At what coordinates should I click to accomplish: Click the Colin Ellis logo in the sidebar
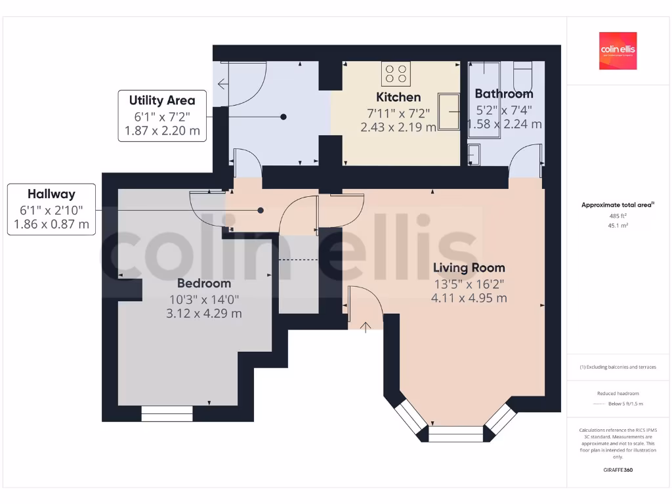[618, 51]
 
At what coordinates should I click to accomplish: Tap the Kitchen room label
[398, 97]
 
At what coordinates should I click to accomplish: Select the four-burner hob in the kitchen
[396, 73]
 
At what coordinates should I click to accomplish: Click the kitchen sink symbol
[450, 112]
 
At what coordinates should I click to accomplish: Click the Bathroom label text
[504, 94]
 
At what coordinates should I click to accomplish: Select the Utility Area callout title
[162, 100]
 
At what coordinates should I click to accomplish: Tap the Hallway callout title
[51, 194]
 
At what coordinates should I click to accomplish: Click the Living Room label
[469, 268]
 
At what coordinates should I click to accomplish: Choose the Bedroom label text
[204, 283]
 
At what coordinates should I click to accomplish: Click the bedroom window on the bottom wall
[167, 413]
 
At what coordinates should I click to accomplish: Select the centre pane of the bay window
[455, 434]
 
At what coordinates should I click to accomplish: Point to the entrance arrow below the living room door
[366, 325]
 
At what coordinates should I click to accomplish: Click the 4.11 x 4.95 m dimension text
[469, 298]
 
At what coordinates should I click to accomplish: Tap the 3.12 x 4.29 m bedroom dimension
[204, 314]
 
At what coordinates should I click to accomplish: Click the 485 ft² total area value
[618, 215]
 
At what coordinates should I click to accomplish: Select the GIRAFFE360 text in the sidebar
[618, 470]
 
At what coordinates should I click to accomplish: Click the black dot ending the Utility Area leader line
[283, 117]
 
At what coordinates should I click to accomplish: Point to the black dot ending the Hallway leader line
[261, 211]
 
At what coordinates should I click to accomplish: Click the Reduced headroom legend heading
[618, 394]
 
